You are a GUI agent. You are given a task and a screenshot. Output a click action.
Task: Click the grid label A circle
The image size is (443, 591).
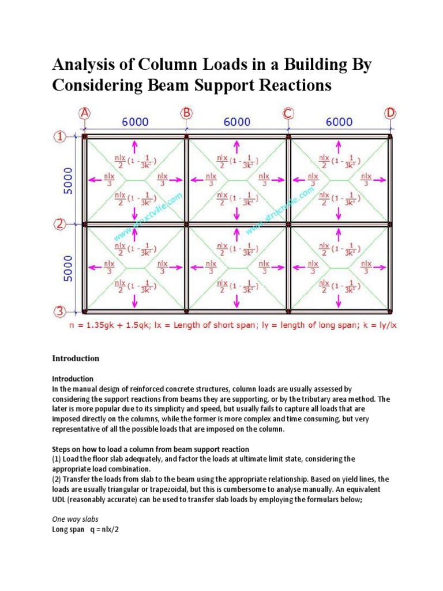(x=85, y=113)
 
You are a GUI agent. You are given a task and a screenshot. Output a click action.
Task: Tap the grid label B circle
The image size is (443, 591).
(x=186, y=113)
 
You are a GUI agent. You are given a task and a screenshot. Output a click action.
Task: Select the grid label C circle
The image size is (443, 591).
(x=288, y=113)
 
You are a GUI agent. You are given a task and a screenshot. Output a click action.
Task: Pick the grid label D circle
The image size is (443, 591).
(x=391, y=113)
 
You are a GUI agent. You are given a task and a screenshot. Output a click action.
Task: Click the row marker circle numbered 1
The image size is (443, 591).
(x=59, y=137)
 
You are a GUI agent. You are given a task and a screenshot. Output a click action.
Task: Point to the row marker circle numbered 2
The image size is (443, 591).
(x=59, y=225)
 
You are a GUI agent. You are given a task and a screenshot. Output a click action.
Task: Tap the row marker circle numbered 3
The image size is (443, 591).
(x=59, y=312)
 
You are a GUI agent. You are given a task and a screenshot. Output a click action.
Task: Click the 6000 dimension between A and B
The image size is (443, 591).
(x=135, y=122)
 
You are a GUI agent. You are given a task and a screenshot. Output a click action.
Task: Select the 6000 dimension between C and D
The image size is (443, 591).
(x=339, y=122)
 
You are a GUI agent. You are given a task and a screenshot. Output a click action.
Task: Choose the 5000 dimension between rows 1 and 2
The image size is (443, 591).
(x=68, y=181)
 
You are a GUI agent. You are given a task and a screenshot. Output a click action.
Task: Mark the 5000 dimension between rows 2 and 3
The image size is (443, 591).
(x=68, y=268)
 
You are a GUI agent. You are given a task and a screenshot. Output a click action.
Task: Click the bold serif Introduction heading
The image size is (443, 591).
(x=76, y=358)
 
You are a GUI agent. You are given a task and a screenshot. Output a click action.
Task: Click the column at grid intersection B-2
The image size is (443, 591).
(x=186, y=225)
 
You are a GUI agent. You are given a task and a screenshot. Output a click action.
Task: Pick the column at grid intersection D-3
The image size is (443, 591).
(x=391, y=312)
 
